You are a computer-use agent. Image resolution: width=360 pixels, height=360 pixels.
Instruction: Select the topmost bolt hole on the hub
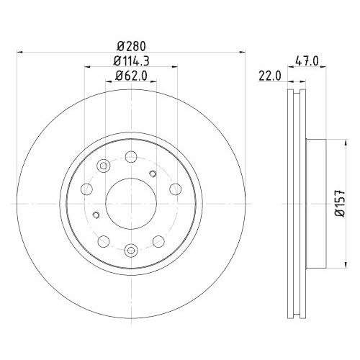(x=130, y=156)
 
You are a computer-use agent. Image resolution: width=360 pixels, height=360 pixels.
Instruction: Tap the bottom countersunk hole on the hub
(x=130, y=249)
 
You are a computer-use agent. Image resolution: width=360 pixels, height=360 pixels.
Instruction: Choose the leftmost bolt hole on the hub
(x=86, y=189)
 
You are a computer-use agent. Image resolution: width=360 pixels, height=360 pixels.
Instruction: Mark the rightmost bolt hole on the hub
(x=175, y=189)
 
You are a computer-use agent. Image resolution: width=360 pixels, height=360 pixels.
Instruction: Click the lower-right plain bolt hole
(x=158, y=240)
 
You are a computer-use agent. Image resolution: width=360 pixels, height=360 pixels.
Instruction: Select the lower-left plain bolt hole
(x=103, y=240)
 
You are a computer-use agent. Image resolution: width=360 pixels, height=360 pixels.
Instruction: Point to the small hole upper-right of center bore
(x=152, y=173)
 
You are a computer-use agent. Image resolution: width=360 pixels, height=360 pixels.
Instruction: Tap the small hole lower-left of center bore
(x=96, y=214)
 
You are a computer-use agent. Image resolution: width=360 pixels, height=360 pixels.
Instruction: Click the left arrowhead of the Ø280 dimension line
(x=20, y=51)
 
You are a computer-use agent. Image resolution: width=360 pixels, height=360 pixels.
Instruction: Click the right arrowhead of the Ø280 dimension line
(x=240, y=51)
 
